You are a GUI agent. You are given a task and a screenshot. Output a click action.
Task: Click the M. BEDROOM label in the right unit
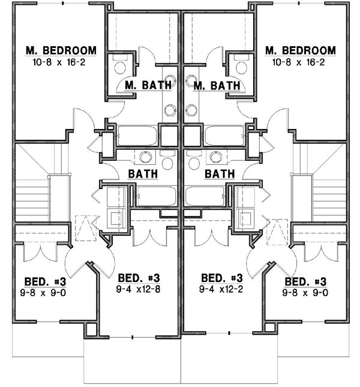pyautogui.click(x=300, y=50)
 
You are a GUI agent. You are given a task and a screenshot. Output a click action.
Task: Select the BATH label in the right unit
pyautogui.click(x=219, y=175)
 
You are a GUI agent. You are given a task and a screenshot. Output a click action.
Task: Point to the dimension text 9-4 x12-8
pyautogui.click(x=138, y=289)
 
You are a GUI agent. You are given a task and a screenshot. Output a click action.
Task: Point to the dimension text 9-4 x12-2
pyautogui.click(x=222, y=289)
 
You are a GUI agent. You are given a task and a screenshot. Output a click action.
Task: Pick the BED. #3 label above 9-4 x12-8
pyautogui.click(x=138, y=278)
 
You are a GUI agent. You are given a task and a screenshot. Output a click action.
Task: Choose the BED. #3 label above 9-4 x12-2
pyautogui.click(x=222, y=278)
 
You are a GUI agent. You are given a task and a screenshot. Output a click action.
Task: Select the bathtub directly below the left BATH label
pyautogui.click(x=156, y=196)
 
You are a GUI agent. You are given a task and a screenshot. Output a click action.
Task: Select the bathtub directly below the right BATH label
pyautogui.click(x=206, y=196)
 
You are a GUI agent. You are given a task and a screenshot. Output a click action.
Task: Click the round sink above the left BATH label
pyautogui.click(x=145, y=157)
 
